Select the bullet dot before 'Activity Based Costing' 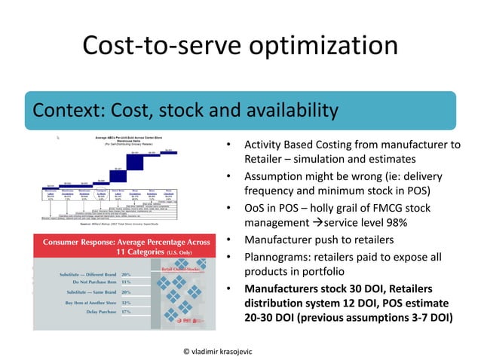pos(228,145)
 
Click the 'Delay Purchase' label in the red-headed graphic pos(90,310)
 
